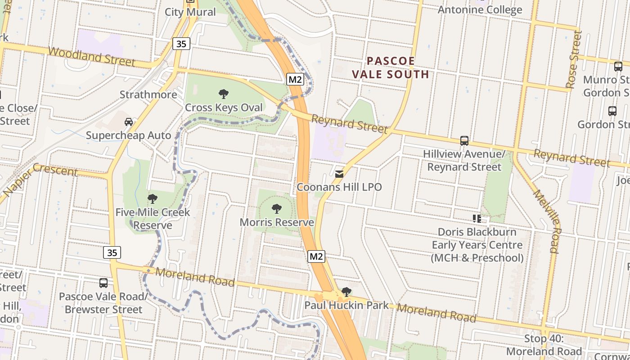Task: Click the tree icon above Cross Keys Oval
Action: [223, 94]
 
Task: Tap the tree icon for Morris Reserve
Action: [277, 208]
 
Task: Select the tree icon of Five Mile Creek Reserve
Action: [153, 198]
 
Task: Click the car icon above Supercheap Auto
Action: [129, 121]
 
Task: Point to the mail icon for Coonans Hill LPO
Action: [339, 174]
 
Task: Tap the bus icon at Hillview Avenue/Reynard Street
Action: [464, 141]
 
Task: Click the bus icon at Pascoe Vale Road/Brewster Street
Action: [103, 283]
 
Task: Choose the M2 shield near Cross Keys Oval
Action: [295, 80]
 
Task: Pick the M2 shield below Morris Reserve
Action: [316, 256]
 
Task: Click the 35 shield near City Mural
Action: [181, 44]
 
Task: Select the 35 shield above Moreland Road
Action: [112, 252]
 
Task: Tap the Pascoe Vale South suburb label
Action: [390, 67]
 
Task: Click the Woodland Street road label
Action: [91, 57]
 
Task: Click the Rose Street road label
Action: [573, 59]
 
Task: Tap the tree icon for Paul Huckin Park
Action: [346, 292]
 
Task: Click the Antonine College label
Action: [480, 10]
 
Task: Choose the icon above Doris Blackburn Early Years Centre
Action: [477, 219]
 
